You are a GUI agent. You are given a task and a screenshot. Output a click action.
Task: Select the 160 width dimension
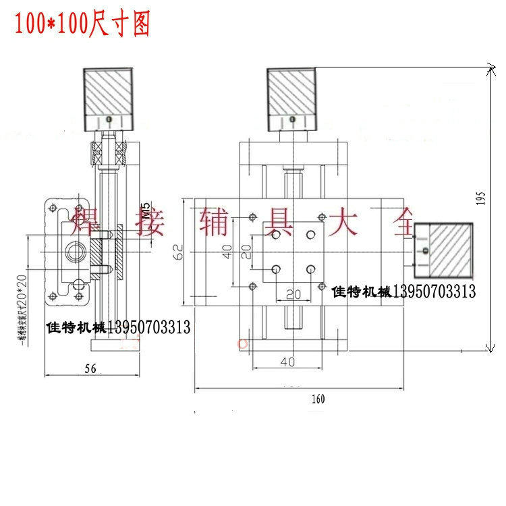pos(318,399)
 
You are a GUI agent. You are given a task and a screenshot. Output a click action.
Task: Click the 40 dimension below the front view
pos(287,362)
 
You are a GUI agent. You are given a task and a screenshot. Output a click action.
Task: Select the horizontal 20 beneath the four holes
pos(292,294)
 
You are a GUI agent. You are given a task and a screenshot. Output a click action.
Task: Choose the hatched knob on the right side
pos(445,249)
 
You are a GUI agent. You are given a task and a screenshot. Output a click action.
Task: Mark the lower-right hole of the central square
pos(310,269)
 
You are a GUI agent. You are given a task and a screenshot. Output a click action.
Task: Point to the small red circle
pos(244,344)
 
